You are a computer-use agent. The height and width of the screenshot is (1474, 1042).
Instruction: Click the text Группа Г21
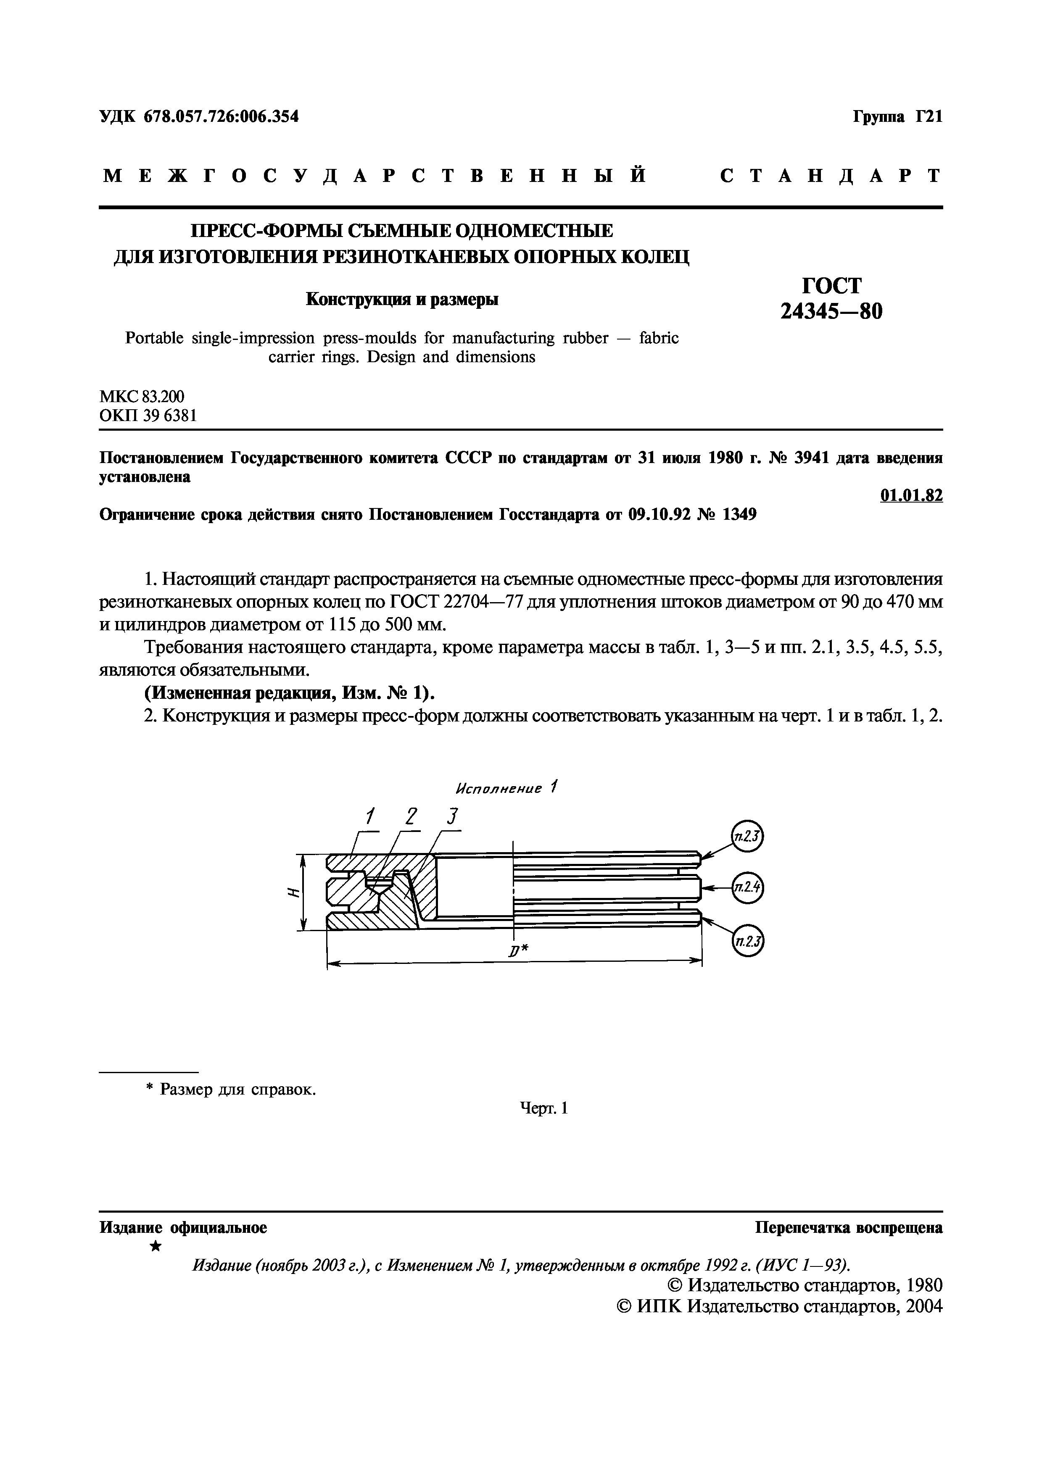click(897, 117)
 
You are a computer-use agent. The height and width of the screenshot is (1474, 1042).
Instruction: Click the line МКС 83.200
click(142, 397)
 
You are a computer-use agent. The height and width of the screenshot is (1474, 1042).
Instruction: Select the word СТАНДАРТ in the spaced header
click(831, 176)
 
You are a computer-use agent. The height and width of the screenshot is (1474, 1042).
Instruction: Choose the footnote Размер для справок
click(237, 1090)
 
